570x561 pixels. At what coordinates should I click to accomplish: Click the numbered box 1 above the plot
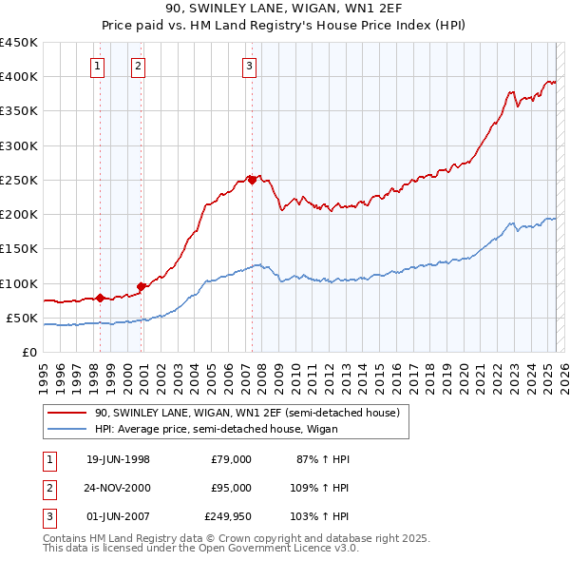[100, 66]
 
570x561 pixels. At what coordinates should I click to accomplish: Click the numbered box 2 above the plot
[139, 66]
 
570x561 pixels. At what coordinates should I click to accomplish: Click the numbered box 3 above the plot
[249, 66]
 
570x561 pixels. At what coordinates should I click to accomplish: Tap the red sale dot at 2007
[252, 179]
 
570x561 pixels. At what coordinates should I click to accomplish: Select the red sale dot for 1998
[100, 298]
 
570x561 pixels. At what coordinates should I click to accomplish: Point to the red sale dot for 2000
[142, 286]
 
